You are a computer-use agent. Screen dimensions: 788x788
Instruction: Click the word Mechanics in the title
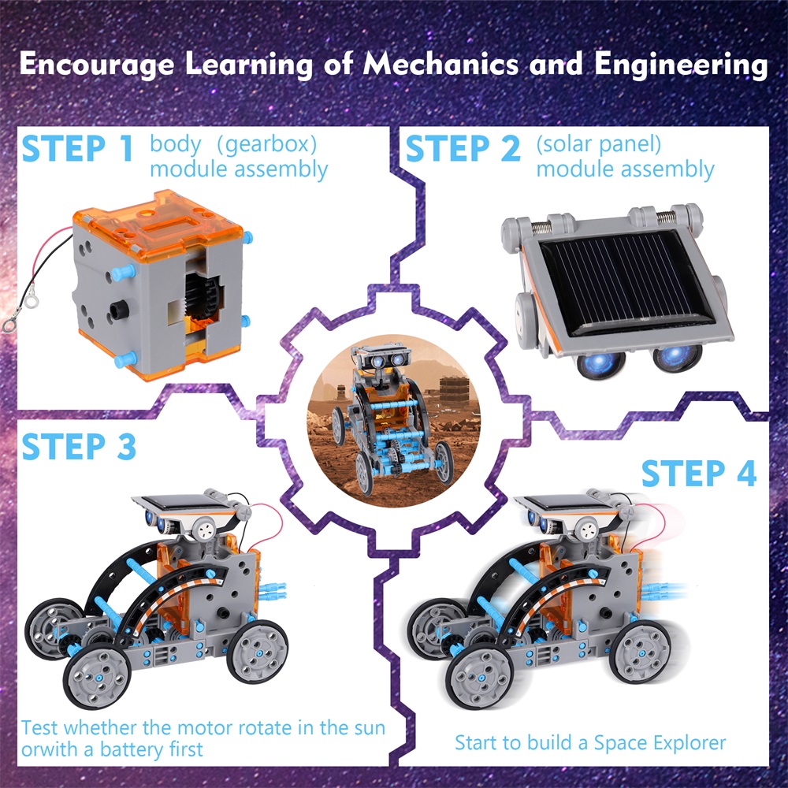(441, 65)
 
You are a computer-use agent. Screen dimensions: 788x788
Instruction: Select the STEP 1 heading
(77, 148)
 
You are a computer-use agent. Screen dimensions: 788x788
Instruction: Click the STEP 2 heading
(463, 148)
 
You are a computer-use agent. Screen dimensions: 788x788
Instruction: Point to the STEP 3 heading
(79, 446)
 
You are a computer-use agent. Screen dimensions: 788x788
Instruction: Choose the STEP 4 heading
(699, 473)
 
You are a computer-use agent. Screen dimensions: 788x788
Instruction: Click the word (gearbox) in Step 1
(266, 145)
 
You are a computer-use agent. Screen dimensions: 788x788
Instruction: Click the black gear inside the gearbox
(201, 296)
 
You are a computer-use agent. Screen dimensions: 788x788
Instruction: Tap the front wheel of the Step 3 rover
(96, 676)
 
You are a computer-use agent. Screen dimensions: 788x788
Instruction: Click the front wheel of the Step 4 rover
(479, 676)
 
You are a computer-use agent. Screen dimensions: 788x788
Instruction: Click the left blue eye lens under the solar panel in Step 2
(601, 362)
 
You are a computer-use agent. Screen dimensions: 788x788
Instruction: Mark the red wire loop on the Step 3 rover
(267, 525)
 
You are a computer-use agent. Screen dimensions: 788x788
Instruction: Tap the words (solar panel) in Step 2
(599, 145)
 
